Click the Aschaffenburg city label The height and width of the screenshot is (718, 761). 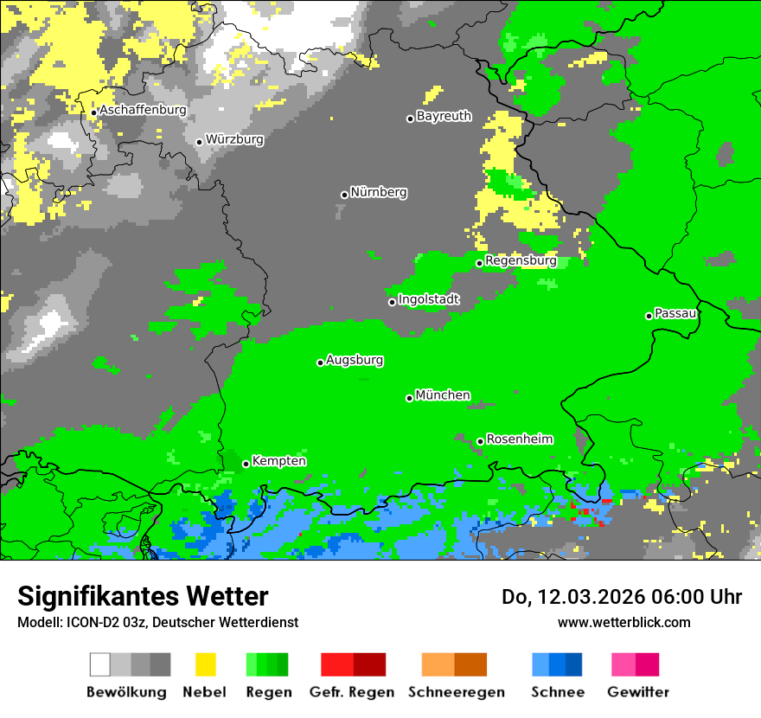pyautogui.click(x=143, y=111)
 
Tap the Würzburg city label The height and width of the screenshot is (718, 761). pyautogui.click(x=234, y=139)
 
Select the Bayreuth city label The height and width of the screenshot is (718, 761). pyautogui.click(x=444, y=116)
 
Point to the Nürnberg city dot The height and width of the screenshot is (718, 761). pyautogui.click(x=344, y=195)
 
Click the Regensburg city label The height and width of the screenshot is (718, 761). pyautogui.click(x=521, y=260)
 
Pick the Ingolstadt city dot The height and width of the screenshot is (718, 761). pyautogui.click(x=392, y=302)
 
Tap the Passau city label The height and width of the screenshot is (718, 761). pyautogui.click(x=675, y=313)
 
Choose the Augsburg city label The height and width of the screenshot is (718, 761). pyautogui.click(x=355, y=360)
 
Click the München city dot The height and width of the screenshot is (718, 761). pyautogui.click(x=409, y=398)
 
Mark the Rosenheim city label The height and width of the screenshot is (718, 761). pyautogui.click(x=519, y=439)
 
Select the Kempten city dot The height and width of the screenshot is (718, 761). pyautogui.click(x=246, y=464)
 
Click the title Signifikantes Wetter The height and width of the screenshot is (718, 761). pyautogui.click(x=143, y=597)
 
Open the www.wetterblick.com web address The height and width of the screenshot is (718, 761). pyautogui.click(x=624, y=622)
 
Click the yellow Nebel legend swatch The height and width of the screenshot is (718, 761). pyautogui.click(x=204, y=664)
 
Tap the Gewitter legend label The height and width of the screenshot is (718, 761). pyautogui.click(x=637, y=692)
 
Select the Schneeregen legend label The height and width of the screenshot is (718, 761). pyautogui.click(x=456, y=692)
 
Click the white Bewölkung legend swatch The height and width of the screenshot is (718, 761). pyautogui.click(x=99, y=664)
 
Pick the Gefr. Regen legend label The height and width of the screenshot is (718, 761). pyautogui.click(x=352, y=692)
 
